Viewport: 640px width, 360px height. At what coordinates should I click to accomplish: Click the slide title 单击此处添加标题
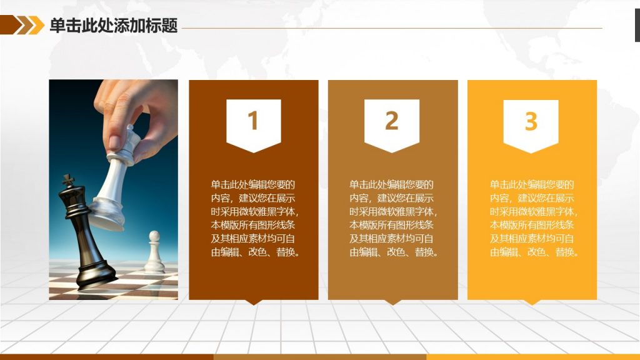(114, 25)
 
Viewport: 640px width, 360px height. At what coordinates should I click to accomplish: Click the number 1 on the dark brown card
(253, 121)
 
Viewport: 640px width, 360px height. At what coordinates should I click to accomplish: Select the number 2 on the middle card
(392, 121)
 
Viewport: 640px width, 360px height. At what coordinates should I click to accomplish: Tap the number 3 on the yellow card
(531, 121)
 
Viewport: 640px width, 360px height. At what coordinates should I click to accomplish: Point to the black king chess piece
(84, 237)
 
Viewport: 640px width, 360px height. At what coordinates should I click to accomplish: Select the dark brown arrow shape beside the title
(11, 25)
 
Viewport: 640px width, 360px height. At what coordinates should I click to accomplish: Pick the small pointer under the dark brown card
(254, 302)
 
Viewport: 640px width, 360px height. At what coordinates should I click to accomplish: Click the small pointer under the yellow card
(532, 302)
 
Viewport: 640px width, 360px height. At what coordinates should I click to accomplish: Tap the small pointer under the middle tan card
(392, 302)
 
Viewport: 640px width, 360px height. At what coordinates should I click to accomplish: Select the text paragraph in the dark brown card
(256, 218)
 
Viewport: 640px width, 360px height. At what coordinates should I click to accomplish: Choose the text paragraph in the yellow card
(534, 218)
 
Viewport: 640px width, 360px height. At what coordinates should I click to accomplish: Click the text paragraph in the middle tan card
(394, 218)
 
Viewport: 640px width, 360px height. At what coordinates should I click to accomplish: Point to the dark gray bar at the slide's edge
(637, 25)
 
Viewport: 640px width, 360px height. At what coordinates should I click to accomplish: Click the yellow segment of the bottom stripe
(533, 357)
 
